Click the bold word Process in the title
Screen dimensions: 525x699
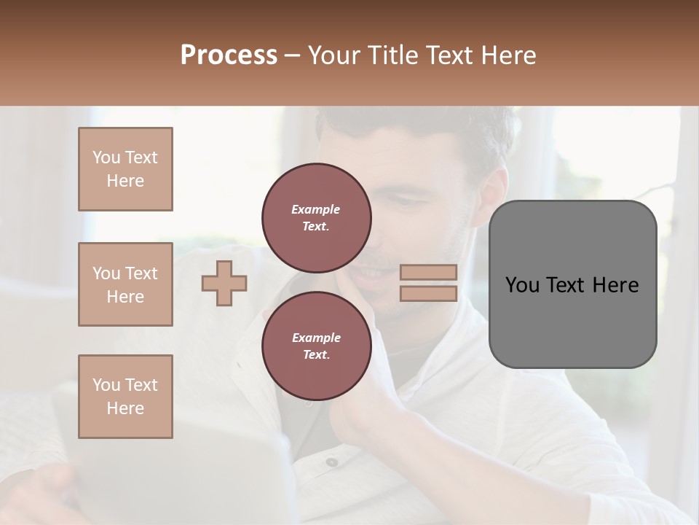coord(229,55)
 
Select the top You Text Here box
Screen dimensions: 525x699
coord(125,169)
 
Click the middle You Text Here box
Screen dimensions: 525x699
coord(125,284)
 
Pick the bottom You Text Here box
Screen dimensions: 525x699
coord(125,397)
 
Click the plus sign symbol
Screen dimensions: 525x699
coord(224,283)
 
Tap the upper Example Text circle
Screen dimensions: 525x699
coord(316,217)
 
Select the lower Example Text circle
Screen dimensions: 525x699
coord(316,346)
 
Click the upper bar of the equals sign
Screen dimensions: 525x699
coord(428,272)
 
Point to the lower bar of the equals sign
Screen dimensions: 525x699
coord(428,293)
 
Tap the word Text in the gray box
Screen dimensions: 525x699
coord(565,285)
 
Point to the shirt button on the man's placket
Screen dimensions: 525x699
coord(331,462)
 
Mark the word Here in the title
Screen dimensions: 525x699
coord(510,55)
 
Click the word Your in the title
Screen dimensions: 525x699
coord(333,55)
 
